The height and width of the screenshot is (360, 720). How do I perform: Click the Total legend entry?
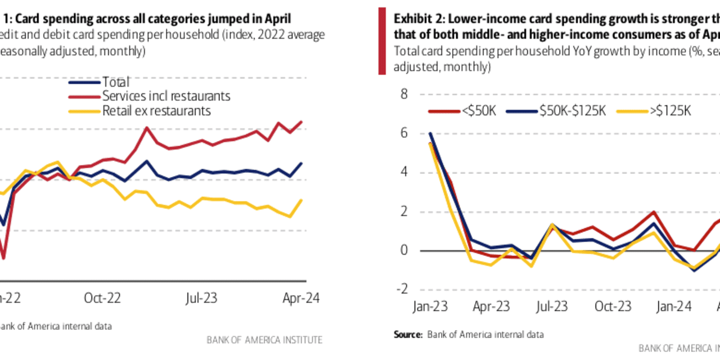[115, 82]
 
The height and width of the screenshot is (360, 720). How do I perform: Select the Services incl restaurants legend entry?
[166, 96]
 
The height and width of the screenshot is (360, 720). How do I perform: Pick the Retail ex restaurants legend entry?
[156, 110]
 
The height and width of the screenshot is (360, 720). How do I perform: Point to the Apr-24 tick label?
[300, 298]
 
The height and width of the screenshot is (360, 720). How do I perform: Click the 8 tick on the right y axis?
[403, 94]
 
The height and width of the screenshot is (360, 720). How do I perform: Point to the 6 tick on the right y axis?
[403, 133]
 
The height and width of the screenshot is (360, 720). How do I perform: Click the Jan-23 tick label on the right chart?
[429, 307]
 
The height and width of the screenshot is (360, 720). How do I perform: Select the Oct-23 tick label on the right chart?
[613, 307]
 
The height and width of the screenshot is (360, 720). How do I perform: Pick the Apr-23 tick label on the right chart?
[490, 307]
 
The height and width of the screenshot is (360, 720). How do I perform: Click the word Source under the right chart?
[407, 335]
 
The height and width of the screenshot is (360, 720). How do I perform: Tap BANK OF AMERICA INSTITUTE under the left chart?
[264, 340]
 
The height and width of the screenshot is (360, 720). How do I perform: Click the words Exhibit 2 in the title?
[417, 18]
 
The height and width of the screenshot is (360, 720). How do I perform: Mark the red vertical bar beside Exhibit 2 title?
[382, 40]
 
